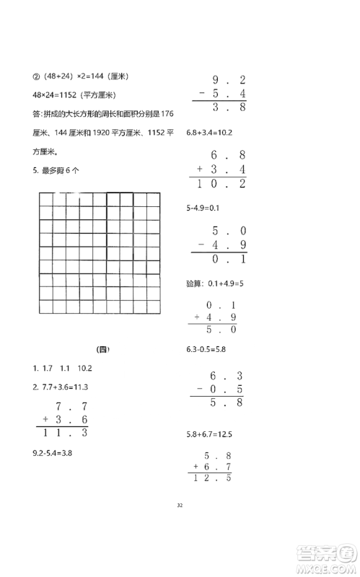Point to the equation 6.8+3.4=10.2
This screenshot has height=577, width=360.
tap(208, 132)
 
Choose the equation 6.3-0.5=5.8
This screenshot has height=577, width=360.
tap(207, 350)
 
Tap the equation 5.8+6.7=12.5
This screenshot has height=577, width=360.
tap(209, 435)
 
